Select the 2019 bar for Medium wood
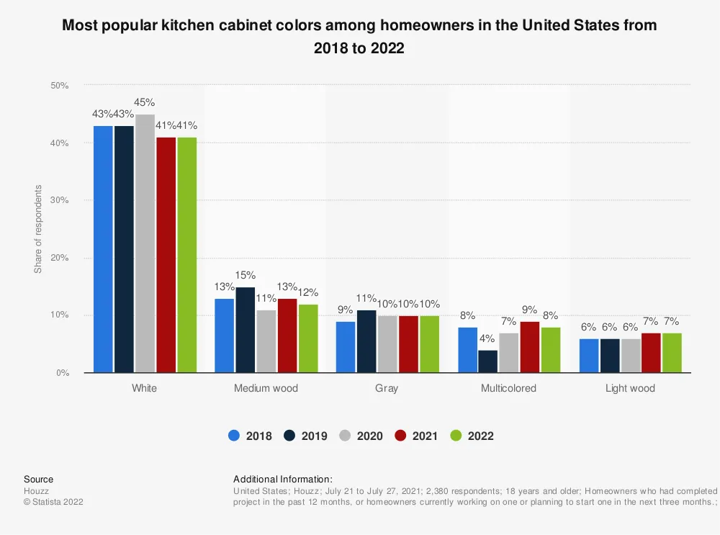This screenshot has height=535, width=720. pos(245,330)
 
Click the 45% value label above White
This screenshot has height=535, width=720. pos(145,103)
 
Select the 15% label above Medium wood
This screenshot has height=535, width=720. pos(245,275)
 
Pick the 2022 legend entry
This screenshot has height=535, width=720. pos(472,436)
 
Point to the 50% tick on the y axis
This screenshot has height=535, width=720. pos(59,86)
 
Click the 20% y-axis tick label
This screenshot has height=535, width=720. pos(59,258)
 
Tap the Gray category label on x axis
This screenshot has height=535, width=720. pos(387,388)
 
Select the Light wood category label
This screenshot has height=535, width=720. pos(630,388)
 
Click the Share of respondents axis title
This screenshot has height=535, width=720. pos(38,229)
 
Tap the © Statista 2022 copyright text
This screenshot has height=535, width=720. pos(53,502)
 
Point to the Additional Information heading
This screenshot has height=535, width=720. pos(282,479)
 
